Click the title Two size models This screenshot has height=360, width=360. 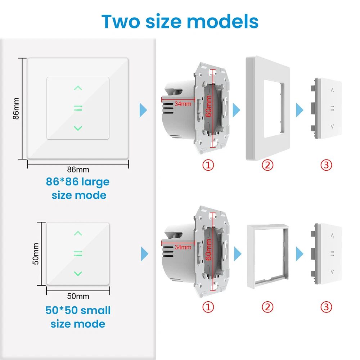click(180, 22)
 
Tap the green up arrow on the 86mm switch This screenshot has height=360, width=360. click(78, 88)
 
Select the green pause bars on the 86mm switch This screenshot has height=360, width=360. click(78, 108)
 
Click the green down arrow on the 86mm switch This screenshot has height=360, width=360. click(78, 129)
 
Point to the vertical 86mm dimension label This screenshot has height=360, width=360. click(16, 108)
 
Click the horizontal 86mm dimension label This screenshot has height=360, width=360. click(78, 170)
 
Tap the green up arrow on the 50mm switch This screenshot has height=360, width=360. click(78, 233)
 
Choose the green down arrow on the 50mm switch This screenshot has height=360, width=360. click(78, 274)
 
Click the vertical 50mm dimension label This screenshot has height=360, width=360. click(36, 254)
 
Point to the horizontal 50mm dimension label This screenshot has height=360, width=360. click(78, 296)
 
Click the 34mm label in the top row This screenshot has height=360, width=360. click(183, 104)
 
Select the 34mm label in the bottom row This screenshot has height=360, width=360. click(183, 247)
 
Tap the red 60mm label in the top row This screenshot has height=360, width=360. click(208, 106)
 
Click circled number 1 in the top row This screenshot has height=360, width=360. click(208, 165)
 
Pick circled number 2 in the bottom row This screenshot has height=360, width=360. click(267, 307)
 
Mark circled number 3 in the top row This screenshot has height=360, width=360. click(326, 165)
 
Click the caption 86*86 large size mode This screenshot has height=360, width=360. click(78, 188)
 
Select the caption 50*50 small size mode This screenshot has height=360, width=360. click(78, 317)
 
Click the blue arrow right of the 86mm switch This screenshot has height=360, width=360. click(143, 110)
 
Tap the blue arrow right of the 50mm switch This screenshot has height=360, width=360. click(144, 254)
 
